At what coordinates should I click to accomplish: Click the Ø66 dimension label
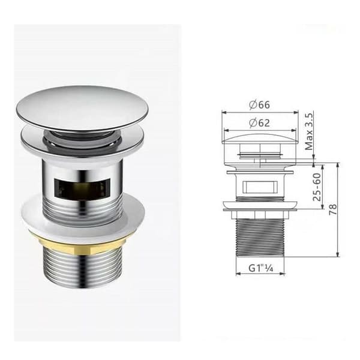(x=259, y=104)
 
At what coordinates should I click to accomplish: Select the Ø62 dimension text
(x=259, y=123)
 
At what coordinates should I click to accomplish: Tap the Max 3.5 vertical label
(x=309, y=131)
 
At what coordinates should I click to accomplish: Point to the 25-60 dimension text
(x=317, y=187)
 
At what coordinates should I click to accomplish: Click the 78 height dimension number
(x=333, y=209)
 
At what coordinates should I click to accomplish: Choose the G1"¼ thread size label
(x=261, y=268)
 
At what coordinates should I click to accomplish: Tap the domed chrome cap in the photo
(x=83, y=107)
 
